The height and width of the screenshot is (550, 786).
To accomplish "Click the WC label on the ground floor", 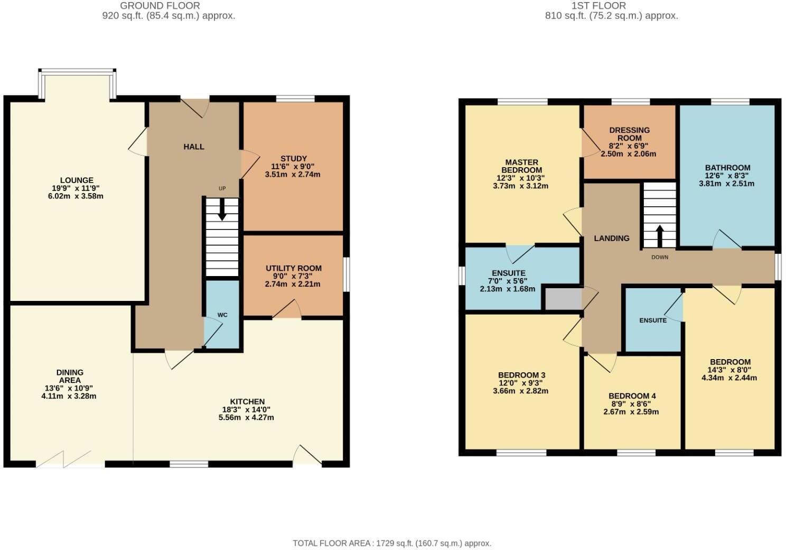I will (222, 315).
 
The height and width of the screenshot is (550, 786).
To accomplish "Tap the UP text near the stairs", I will (222, 189).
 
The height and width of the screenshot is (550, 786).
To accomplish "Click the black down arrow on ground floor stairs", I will (222, 209).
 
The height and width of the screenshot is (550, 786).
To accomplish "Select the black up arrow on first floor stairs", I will (659, 236).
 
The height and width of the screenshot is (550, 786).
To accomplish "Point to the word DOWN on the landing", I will (660, 258).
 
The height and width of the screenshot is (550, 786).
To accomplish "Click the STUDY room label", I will (294, 159).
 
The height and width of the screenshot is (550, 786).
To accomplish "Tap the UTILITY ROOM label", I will (293, 268).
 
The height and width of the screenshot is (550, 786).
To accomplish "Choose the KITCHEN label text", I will (247, 401).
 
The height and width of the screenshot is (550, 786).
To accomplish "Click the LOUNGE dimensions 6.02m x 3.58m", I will (77, 196).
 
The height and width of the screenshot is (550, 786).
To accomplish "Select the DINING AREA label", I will (70, 376).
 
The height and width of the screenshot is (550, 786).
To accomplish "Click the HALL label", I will (194, 146).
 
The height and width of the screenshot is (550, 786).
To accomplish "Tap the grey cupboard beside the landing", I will (563, 299).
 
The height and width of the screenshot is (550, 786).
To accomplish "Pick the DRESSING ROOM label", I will (629, 134).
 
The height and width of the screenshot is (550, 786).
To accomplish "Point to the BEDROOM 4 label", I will (632, 396).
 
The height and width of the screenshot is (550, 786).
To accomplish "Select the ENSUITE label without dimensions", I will (653, 320).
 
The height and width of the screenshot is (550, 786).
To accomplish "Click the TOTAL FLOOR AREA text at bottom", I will (392, 543).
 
